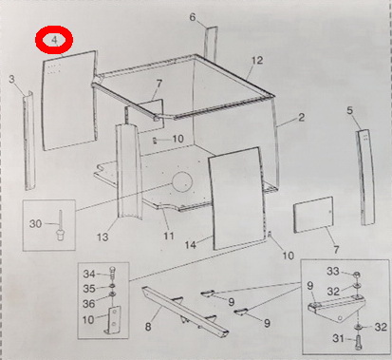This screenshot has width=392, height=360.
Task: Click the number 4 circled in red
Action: pyautogui.click(x=54, y=40)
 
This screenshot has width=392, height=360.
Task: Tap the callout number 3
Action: pyautogui.click(x=11, y=79)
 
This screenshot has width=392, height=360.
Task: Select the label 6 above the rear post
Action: pyautogui.click(x=193, y=17)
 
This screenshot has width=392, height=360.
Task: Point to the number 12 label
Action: pyautogui.click(x=257, y=60)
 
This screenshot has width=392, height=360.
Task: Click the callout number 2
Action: pyautogui.click(x=301, y=118)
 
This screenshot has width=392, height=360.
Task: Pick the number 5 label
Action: pyautogui.click(x=349, y=111)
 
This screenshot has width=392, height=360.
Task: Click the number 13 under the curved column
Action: pyautogui.click(x=103, y=237)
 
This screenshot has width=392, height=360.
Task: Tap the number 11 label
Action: pyautogui.click(x=169, y=236)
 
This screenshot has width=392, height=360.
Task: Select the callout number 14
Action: pyautogui.click(x=191, y=244)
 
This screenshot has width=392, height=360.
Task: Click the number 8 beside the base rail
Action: pyautogui.click(x=148, y=327)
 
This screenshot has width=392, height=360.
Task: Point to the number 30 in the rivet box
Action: pyautogui.click(x=35, y=224)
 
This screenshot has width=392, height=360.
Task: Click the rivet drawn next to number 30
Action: pyautogui.click(x=60, y=225)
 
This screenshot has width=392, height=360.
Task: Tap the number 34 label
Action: pyautogui.click(x=89, y=274)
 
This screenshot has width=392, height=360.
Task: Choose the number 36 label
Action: pyautogui.click(x=89, y=304)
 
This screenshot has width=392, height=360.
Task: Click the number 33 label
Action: pyautogui.click(x=333, y=272)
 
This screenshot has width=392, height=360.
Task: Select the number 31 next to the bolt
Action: pyautogui.click(x=338, y=338)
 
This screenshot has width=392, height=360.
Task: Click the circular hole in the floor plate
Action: pyautogui.click(x=182, y=182)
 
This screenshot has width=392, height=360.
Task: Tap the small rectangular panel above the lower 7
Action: pyautogui.click(x=313, y=215)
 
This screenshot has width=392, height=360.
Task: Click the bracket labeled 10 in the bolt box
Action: pyautogui.click(x=112, y=320)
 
